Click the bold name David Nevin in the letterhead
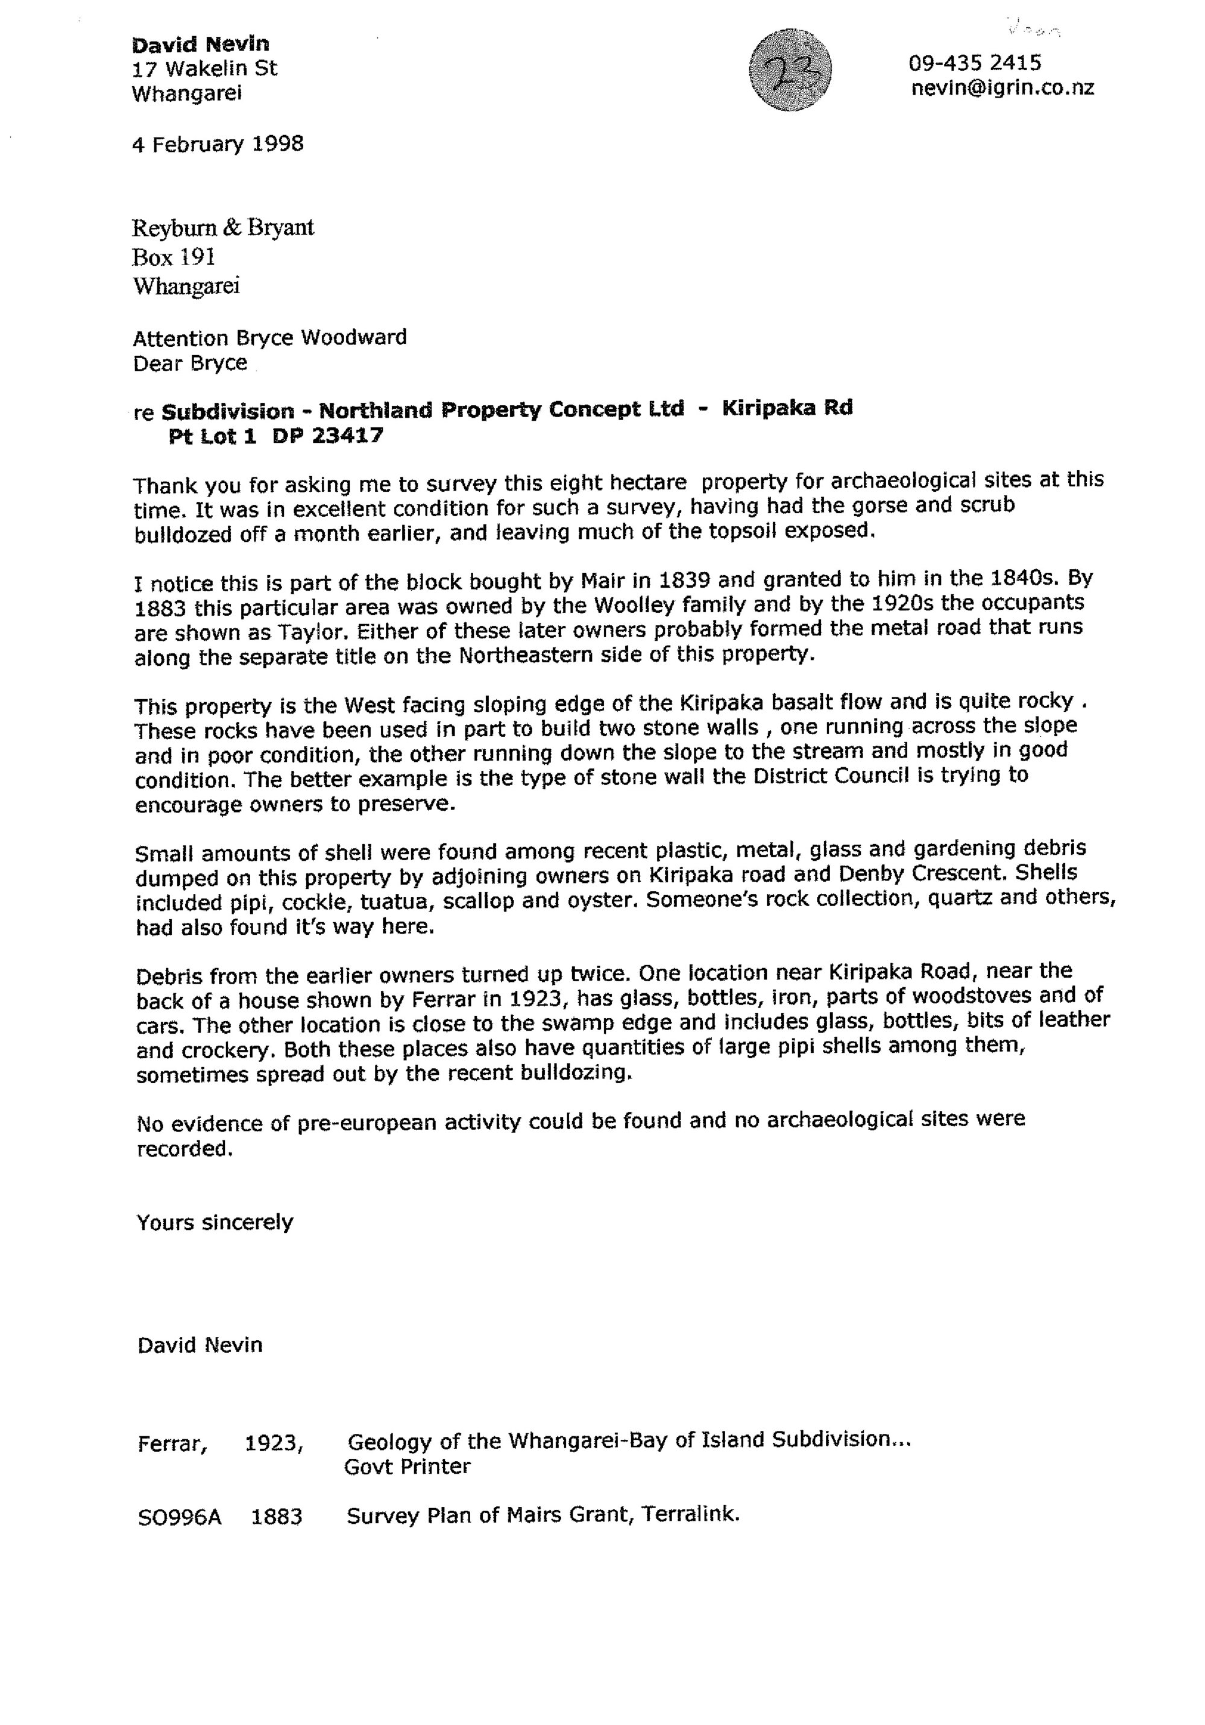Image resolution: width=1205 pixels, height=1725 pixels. (x=200, y=45)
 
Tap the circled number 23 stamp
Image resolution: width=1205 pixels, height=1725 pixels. (x=790, y=71)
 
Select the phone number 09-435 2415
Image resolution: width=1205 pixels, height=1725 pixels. (x=974, y=62)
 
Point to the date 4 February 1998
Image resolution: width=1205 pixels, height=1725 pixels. (x=218, y=143)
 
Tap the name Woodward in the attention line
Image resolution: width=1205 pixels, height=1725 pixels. (x=354, y=338)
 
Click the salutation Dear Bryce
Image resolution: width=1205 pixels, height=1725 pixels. (x=190, y=363)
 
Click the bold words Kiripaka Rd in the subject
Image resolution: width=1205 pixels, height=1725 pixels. (x=787, y=408)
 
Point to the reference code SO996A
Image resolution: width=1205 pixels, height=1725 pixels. (x=180, y=1518)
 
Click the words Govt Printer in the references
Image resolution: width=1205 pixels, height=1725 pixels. (x=406, y=1467)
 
